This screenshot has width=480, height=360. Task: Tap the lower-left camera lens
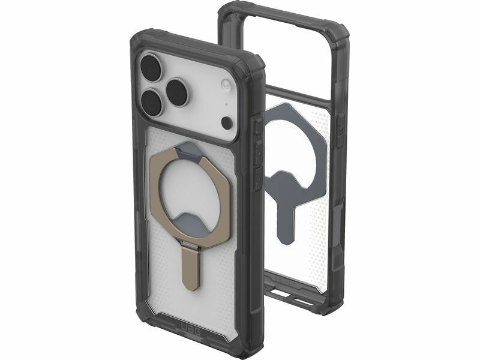tap(152, 102)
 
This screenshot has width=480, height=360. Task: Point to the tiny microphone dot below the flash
tap(227, 103)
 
